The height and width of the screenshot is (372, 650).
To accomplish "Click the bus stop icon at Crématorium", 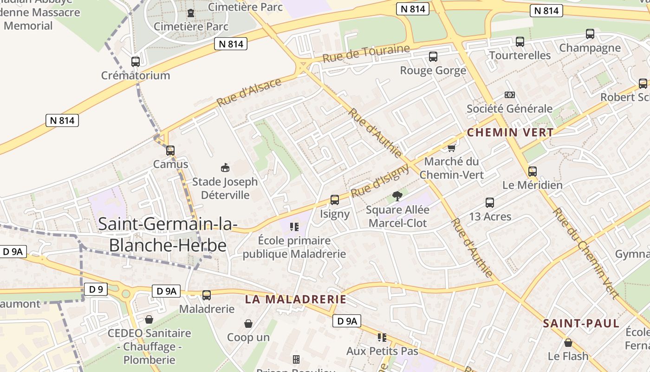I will pos(136,61).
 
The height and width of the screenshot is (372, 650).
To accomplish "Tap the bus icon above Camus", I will pos(170,150).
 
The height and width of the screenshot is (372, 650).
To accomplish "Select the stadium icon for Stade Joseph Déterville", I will pos(225,167).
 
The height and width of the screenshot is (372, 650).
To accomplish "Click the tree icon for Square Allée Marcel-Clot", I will pos(397,196).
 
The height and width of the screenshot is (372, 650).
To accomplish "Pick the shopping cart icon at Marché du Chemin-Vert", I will pos(451,148).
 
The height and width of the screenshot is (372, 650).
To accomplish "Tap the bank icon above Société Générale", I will pos(510,95).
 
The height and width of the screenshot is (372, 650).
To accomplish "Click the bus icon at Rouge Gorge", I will pos(433,57).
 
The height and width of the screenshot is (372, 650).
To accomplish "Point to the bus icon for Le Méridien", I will pos(533,171).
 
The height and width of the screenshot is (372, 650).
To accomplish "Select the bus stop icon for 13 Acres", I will pos(490,203).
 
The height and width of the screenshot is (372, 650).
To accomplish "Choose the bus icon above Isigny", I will pos(335,200).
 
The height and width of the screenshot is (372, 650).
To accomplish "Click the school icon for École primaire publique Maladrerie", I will pos(294,227).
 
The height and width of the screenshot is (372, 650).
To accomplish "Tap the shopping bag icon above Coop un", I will pos(248,323).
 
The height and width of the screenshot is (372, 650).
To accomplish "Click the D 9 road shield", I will pos(96,289).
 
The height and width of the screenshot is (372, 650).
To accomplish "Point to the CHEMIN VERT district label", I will pos(510,133).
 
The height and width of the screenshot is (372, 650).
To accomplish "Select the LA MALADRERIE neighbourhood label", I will pos(296,299).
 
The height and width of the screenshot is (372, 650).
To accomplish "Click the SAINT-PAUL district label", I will pos(581,324).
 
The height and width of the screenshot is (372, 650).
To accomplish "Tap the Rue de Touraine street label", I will pos(366,54).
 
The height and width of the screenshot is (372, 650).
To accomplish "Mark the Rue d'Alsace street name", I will pos(249,92).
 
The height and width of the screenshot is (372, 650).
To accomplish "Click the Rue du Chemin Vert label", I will pos(586,253).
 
